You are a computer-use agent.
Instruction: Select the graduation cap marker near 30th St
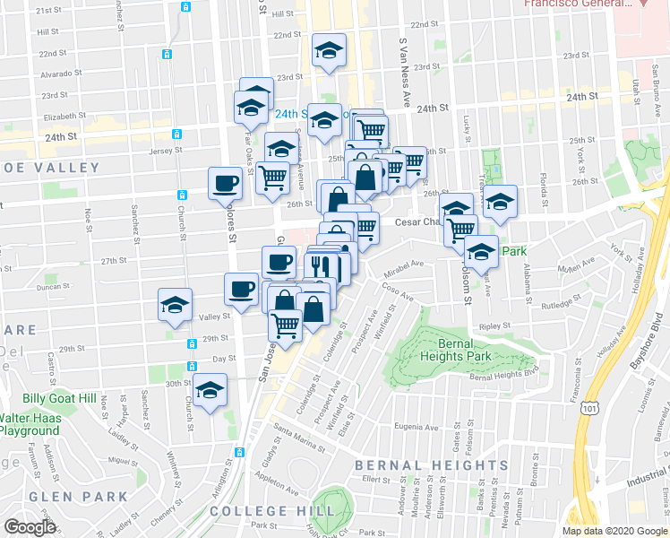pyautogui.click(x=210, y=391)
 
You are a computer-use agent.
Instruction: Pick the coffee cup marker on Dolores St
pyautogui.click(x=225, y=184)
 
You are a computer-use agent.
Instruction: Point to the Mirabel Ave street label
pyautogui.click(x=404, y=265)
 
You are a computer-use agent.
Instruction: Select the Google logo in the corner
pyautogui.click(x=30, y=527)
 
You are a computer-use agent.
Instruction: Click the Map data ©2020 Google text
pyautogui.click(x=614, y=531)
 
